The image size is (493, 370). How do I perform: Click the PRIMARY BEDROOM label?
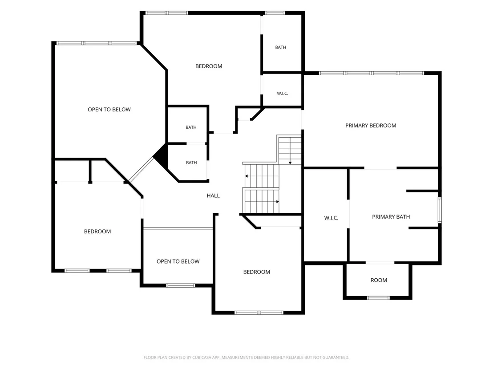click(x=371, y=126)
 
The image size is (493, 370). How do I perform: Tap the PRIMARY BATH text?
click(x=391, y=217)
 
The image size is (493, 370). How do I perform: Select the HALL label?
click(x=213, y=196)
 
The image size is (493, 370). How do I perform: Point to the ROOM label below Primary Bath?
click(x=379, y=281)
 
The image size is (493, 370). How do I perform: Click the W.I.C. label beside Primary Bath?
click(x=331, y=218)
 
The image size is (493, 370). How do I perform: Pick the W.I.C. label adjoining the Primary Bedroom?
click(x=283, y=94)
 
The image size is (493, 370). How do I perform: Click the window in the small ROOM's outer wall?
click(x=378, y=297)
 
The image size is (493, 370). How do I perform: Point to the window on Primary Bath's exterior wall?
click(x=440, y=210)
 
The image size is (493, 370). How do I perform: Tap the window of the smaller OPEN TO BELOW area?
click(x=181, y=286)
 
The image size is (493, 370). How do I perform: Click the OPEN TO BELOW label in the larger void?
click(x=109, y=110)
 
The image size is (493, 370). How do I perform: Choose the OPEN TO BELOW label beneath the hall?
click(x=178, y=261)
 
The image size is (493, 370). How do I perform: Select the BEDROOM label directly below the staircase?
click(x=257, y=272)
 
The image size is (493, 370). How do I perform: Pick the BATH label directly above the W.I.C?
click(x=280, y=48)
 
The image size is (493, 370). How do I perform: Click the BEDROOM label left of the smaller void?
click(x=97, y=232)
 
